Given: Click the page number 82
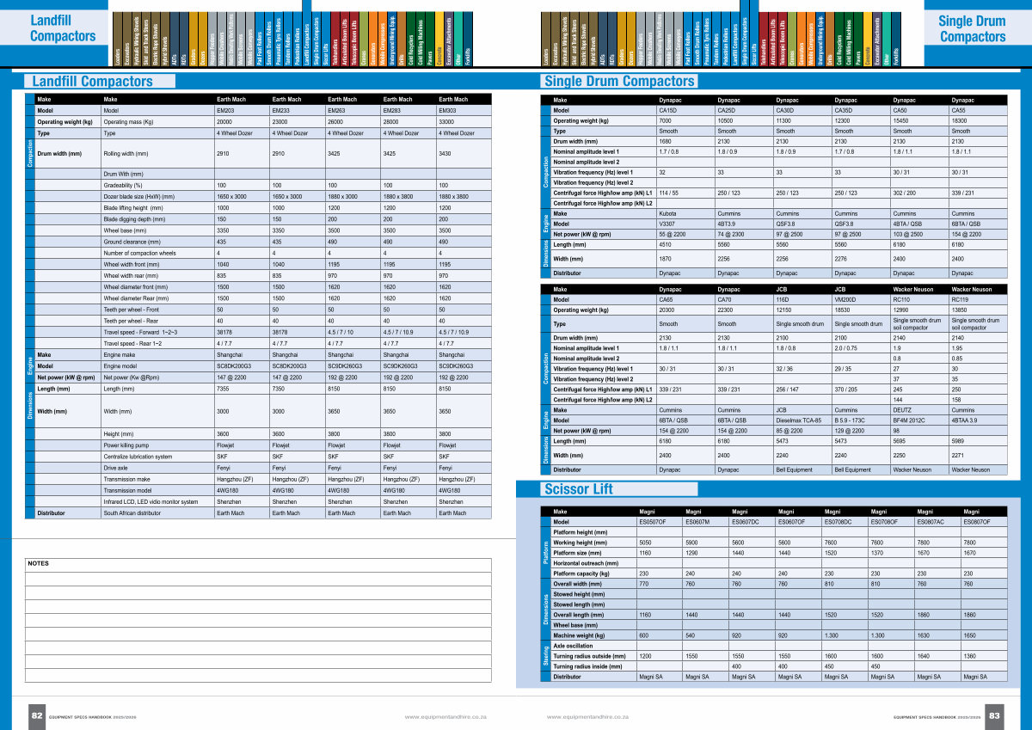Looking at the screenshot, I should coord(37,715).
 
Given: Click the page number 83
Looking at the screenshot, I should coord(994,715).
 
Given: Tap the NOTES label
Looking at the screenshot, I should coord(39,563).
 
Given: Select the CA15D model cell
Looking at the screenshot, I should coord(669,111).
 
